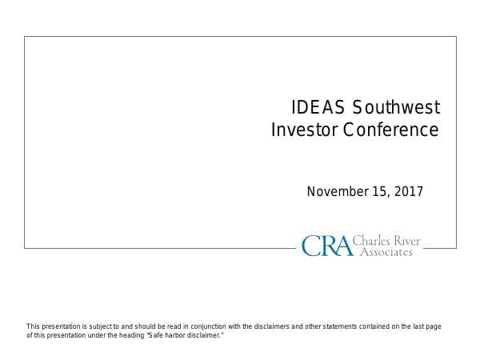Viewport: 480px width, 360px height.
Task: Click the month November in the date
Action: tap(337, 191)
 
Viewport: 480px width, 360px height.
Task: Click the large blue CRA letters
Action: tap(326, 245)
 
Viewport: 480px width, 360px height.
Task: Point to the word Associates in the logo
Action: tap(386, 251)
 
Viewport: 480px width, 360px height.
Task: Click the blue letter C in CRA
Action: tap(310, 245)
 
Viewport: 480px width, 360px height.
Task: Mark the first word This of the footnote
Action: tap(34, 326)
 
